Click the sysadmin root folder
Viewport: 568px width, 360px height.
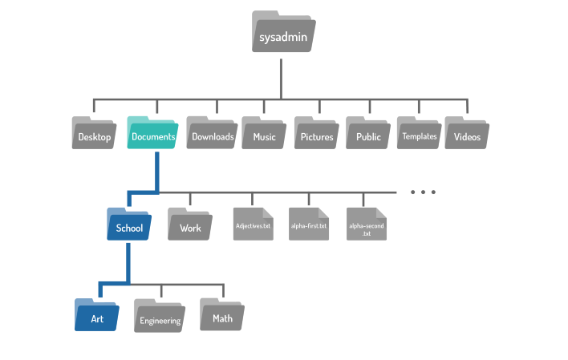(284, 31)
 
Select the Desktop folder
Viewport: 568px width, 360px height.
(94, 133)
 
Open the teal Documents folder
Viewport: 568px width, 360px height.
(152, 133)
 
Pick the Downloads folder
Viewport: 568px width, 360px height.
(212, 133)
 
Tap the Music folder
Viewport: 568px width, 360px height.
(264, 133)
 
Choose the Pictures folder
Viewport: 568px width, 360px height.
(317, 133)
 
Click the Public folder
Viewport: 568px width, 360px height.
(368, 133)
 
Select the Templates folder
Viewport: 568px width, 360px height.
(419, 133)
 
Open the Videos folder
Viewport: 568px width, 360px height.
(467, 133)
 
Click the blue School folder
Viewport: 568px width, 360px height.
(129, 224)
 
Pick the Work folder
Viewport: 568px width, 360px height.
(190, 224)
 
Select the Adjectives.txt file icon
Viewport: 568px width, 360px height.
(254, 224)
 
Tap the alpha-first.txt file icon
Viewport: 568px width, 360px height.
(309, 224)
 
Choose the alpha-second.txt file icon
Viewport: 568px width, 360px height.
(367, 224)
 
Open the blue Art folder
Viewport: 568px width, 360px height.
(97, 315)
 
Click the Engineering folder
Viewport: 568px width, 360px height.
(160, 316)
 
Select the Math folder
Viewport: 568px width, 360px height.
(222, 315)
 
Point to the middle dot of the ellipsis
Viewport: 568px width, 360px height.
(423, 192)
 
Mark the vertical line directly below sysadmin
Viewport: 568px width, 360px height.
(281, 79)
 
